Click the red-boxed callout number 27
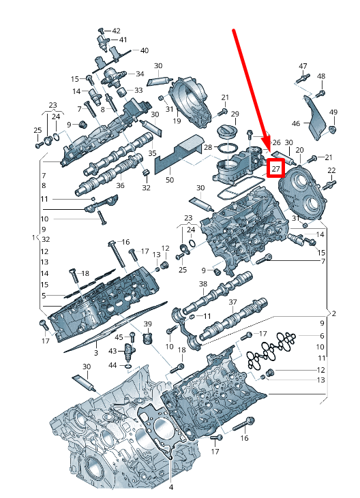tap(275, 168)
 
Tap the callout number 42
tap(117, 31)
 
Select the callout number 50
tap(170, 180)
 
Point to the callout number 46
tap(296, 123)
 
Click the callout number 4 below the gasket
tap(171, 487)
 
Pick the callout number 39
tap(148, 324)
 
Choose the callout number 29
tap(235, 114)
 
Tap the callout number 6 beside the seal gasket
tap(322, 336)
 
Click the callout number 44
tap(112, 366)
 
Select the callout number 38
tap(203, 283)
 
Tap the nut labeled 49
tap(333, 129)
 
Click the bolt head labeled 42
tap(102, 31)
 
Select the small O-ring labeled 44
tap(127, 367)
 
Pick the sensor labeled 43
tap(128, 351)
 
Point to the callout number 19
tap(177, 121)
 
